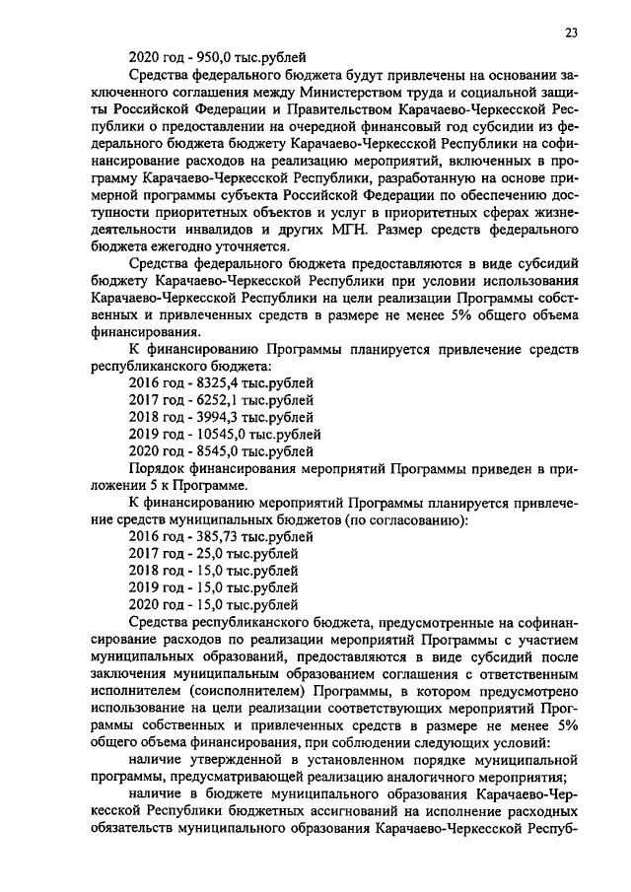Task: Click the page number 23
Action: coord(571,33)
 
